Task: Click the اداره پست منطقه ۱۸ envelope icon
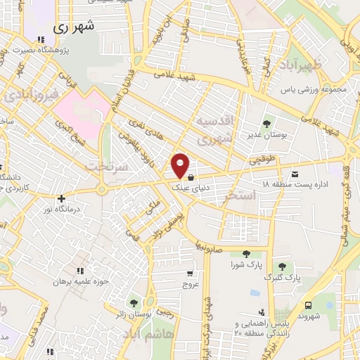[294, 174]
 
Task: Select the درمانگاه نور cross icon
[62, 199]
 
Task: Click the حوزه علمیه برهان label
[79, 281]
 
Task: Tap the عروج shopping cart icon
[189, 274]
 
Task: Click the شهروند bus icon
[309, 304]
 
